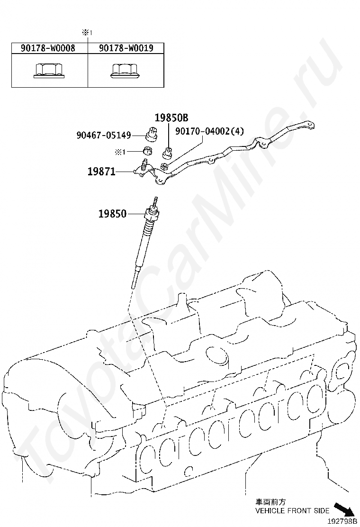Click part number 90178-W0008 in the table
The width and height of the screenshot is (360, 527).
(47, 48)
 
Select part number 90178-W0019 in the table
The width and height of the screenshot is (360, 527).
(126, 48)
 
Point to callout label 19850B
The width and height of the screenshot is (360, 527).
(171, 118)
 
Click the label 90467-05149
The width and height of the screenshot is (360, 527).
(104, 135)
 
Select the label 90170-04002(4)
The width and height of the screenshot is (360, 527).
(209, 131)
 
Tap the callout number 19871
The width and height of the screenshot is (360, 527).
(101, 172)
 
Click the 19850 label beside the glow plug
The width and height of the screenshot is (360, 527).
(112, 214)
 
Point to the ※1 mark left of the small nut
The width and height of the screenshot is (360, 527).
(120, 152)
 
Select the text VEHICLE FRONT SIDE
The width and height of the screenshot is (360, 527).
(292, 511)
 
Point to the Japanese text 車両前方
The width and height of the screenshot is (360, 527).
(271, 501)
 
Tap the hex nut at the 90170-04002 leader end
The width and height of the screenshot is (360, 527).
(163, 166)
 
